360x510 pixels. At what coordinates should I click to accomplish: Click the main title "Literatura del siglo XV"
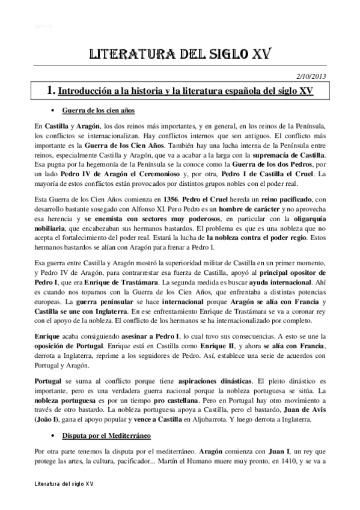[x=180, y=55]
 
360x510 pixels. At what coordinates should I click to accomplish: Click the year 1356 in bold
[x=170, y=198]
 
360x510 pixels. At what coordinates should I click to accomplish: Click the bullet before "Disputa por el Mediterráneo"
[x=54, y=434]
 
